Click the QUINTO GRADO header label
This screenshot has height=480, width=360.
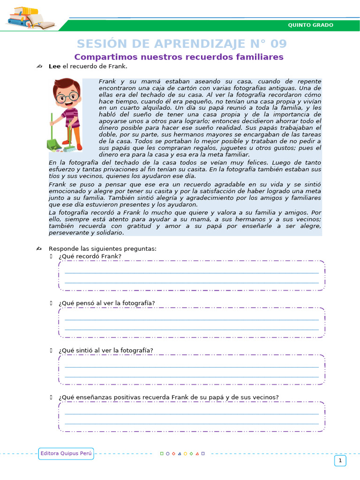[x=310, y=25]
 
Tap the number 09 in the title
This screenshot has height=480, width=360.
[x=278, y=44]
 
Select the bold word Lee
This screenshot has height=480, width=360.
[x=54, y=67]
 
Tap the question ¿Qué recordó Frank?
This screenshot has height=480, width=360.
[x=90, y=256]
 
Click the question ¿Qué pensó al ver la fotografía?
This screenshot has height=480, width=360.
[x=107, y=303]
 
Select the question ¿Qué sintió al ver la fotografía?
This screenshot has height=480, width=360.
[x=106, y=350]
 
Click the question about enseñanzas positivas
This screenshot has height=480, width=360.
[x=169, y=397]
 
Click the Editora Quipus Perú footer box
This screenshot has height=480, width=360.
[x=66, y=453]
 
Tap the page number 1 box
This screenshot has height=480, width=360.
[x=340, y=461]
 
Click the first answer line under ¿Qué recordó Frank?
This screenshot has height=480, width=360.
[x=191, y=272]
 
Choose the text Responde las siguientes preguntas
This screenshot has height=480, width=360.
[x=103, y=248]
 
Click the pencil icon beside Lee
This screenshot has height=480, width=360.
[x=39, y=67]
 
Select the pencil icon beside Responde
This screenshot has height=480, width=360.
[x=39, y=248]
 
